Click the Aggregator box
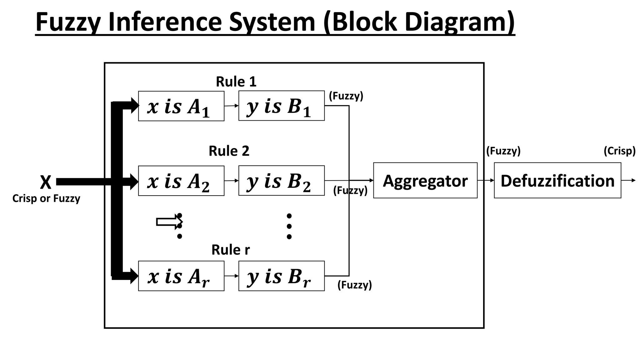(x=425, y=180)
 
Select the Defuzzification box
(x=557, y=180)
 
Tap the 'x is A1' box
(x=181, y=106)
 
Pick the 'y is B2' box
(x=281, y=181)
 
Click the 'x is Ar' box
(x=181, y=276)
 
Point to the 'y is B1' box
(x=281, y=106)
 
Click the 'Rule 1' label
(x=236, y=82)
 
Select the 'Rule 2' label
(x=229, y=151)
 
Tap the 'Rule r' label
(x=230, y=250)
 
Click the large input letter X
(x=46, y=182)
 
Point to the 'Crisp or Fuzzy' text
(x=46, y=198)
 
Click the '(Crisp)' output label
(x=619, y=151)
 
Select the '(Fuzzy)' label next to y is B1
(x=346, y=96)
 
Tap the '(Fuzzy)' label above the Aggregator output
(x=503, y=151)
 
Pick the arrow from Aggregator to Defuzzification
(x=486, y=180)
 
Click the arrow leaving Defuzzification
(x=628, y=180)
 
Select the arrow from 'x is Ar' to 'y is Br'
(x=231, y=276)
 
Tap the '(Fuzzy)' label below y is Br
(x=354, y=285)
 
